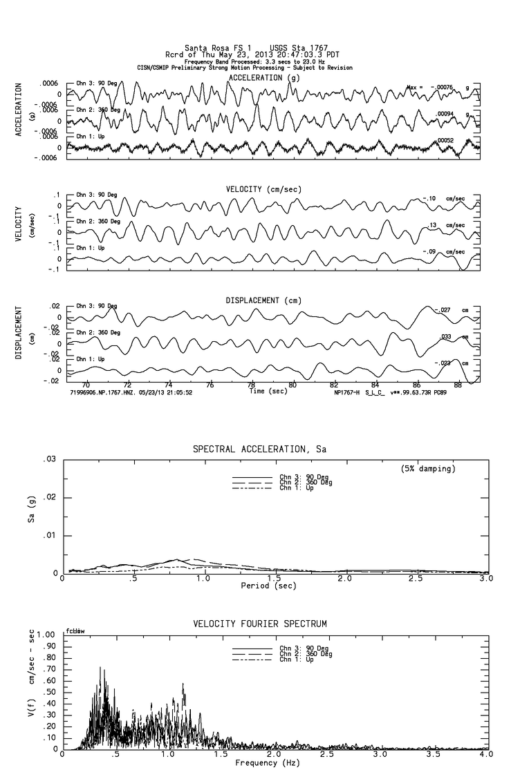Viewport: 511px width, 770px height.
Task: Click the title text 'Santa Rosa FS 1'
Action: tap(212, 48)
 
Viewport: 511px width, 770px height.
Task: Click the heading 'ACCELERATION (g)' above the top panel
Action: tap(266, 78)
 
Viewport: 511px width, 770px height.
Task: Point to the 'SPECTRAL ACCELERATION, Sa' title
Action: tap(259, 450)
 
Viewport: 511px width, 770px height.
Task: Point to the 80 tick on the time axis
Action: tap(292, 385)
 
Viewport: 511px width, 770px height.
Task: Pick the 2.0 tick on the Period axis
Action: tap(344, 579)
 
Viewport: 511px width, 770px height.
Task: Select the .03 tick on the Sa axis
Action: tap(50, 459)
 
